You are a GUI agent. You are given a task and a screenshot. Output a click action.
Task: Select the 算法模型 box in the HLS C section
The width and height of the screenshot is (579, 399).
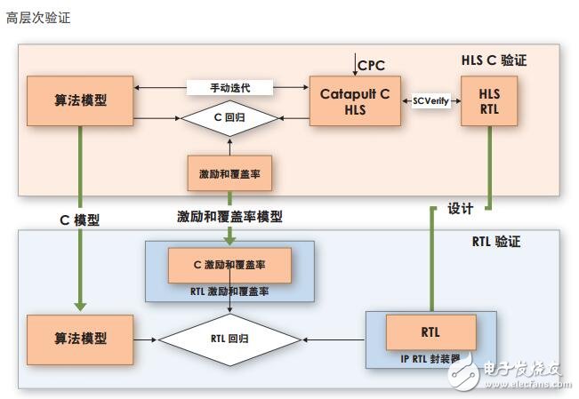coord(81,100)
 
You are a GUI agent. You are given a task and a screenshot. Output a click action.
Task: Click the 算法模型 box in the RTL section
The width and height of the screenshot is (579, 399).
coord(81,339)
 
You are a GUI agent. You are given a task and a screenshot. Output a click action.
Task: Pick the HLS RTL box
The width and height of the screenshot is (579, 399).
coord(488,101)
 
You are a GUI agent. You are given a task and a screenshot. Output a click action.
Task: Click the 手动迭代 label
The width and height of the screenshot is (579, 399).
coord(229,88)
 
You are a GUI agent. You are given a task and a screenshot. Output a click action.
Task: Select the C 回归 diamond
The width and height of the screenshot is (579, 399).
coord(229,117)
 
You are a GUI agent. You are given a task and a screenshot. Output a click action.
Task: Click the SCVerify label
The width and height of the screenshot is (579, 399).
coord(431,101)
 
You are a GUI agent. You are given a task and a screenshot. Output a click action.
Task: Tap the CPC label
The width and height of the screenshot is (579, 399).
coord(372,65)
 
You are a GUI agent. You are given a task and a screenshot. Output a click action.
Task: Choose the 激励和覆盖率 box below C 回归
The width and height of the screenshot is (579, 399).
coord(229,173)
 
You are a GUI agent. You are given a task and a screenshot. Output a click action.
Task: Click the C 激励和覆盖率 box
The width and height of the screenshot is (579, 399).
coord(229,265)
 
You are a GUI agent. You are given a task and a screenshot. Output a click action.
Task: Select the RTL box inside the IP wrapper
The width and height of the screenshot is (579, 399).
coord(430,333)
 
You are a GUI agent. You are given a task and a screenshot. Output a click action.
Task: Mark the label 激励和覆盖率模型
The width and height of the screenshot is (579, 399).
coord(229,216)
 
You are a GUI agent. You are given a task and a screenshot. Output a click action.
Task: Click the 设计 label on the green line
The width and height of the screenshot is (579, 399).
coord(460,209)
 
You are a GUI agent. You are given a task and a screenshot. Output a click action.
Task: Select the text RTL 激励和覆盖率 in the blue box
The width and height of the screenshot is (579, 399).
coord(229,291)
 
